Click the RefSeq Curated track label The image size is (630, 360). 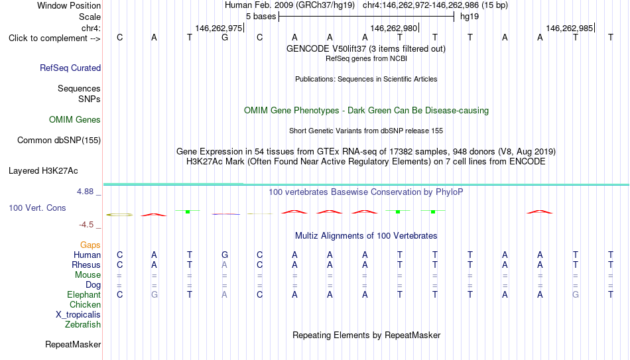point(70,68)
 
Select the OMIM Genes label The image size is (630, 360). point(75,120)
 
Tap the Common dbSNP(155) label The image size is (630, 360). point(59,141)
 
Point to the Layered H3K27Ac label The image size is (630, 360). point(43,171)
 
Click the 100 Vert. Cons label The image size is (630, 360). point(37,208)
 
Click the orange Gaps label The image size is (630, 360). point(90,245)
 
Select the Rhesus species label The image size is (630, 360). point(86,265)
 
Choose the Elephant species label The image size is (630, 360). point(84,294)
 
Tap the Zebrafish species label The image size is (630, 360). point(83,324)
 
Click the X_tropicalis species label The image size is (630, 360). point(78,315)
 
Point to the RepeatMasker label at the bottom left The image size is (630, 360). point(73,344)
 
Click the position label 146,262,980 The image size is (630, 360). point(394,28)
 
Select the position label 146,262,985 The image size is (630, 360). point(570,28)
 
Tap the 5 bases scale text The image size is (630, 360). point(261,17)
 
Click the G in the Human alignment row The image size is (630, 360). point(225,255)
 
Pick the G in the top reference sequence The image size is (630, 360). point(225,37)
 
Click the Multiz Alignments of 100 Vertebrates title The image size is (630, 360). point(366,236)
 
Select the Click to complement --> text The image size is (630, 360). point(54,38)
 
